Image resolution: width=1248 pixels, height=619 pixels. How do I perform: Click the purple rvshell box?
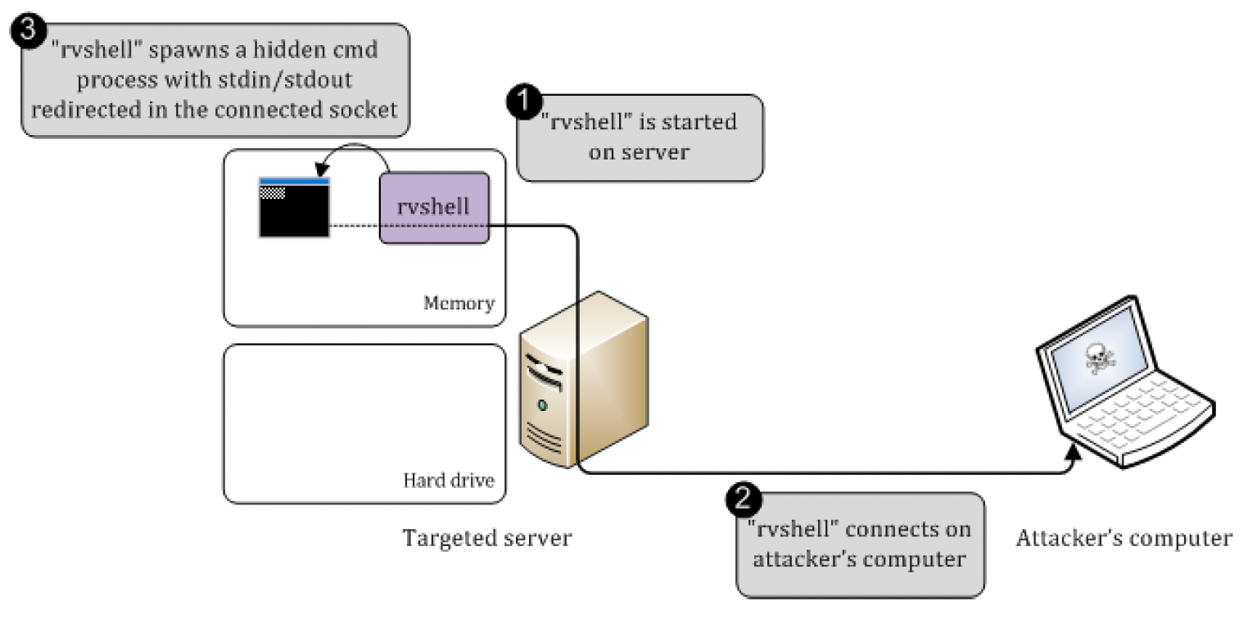tap(434, 206)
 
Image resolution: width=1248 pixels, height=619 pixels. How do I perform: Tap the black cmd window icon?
tap(294, 208)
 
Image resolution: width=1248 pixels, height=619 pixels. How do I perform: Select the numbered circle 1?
tap(522, 102)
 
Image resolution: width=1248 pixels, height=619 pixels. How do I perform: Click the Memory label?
tap(459, 304)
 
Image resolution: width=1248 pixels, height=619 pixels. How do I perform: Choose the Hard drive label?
tap(449, 480)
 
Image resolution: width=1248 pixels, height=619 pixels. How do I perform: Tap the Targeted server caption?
tap(486, 539)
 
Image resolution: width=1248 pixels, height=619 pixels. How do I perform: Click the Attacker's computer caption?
tap(1124, 538)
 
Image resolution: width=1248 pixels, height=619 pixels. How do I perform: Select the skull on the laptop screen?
tap(1097, 358)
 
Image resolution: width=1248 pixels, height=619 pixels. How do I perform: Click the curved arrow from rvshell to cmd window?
tap(356, 150)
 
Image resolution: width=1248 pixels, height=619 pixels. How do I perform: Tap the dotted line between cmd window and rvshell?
tap(354, 225)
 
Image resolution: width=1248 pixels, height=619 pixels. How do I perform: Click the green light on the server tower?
tap(541, 405)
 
